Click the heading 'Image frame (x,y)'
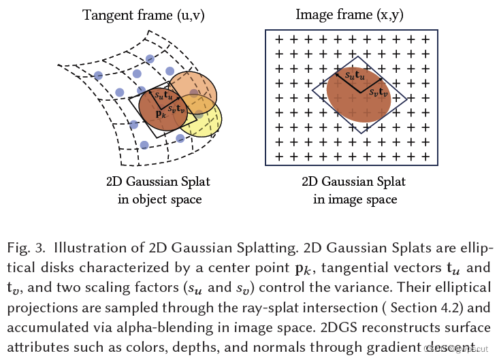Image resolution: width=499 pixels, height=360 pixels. [353, 15]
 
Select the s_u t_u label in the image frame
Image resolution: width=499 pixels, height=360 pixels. [354, 76]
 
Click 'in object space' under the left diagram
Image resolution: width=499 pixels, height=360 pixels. [159, 199]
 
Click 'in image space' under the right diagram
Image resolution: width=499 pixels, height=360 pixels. [355, 199]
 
